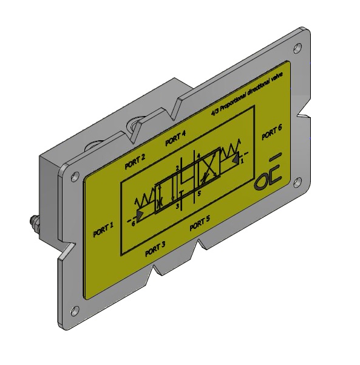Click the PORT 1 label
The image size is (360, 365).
click(x=103, y=230)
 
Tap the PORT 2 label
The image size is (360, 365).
click(x=134, y=161)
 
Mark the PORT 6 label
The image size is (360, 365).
click(x=271, y=132)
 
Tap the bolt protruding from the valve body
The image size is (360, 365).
click(x=33, y=225)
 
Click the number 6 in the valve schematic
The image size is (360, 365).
click(x=132, y=223)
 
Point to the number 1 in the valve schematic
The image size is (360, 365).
click(x=242, y=162)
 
